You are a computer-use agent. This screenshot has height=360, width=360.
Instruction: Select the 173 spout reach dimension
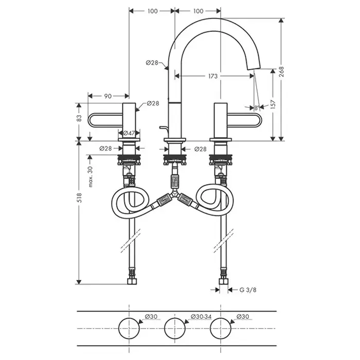[x=213, y=76]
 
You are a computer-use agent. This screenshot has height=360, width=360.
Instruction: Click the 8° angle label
[x=257, y=108]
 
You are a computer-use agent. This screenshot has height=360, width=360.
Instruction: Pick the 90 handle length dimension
[x=108, y=96]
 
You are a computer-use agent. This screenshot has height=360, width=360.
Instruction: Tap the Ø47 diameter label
[x=129, y=133]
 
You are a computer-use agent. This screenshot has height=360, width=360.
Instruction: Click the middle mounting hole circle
[x=175, y=327]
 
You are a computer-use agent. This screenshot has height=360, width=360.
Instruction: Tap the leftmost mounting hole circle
[x=129, y=327]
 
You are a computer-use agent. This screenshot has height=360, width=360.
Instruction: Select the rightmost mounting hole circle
[x=222, y=327]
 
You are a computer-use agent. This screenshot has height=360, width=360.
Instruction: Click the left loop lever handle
[x=105, y=120]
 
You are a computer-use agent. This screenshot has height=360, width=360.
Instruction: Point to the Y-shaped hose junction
[x=175, y=197]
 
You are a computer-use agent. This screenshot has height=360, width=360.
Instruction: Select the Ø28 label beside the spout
[x=152, y=62]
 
